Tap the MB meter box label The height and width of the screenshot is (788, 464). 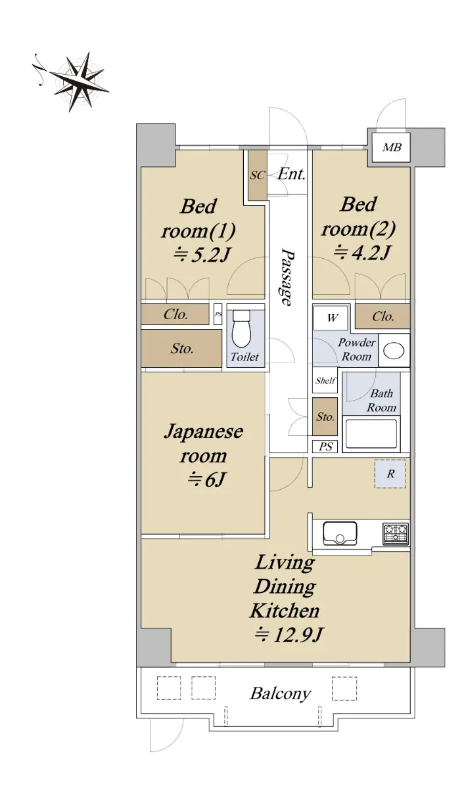tap(392, 146)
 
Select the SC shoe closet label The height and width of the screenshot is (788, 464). tap(257, 175)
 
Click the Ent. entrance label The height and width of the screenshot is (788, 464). tap(291, 174)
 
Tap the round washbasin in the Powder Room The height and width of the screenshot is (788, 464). tap(394, 351)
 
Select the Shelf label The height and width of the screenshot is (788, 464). tap(325, 380)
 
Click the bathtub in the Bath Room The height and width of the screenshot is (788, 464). tap(371, 434)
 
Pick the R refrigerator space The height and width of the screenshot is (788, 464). tap(390, 473)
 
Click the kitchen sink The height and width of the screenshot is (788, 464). tap(340, 534)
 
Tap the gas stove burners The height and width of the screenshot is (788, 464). tap(396, 534)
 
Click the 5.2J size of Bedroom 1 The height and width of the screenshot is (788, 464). tap(201, 254)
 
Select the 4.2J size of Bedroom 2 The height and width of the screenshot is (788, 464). tap(361, 252)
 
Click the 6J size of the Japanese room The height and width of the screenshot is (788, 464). tap(206, 479)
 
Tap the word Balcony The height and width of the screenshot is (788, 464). tap(281, 701)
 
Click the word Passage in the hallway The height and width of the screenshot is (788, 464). tap(287, 277)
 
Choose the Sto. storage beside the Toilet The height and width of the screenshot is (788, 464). tap(181, 348)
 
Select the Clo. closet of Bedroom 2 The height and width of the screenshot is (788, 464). tap(383, 317)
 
